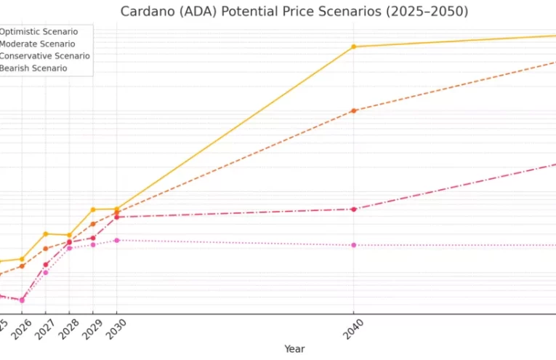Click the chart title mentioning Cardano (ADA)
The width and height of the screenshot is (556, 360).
point(294,12)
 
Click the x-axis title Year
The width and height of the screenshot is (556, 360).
point(294,349)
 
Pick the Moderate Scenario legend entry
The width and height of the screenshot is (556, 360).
point(37,44)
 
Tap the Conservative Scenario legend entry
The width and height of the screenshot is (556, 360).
point(44,56)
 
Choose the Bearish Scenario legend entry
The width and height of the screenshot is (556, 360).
point(33,68)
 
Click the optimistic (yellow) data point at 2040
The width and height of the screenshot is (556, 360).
point(354,47)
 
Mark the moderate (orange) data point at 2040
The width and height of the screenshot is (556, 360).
point(354,111)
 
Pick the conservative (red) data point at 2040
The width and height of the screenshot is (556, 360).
point(354,209)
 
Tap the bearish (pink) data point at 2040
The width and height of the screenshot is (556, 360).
point(354,245)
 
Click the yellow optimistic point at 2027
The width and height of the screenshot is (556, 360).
point(46,233)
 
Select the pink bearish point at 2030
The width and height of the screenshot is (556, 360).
point(116,240)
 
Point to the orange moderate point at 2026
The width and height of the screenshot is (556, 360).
point(22,266)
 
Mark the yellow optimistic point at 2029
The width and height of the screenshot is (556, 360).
point(93,209)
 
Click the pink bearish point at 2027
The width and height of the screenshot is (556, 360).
point(46,273)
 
